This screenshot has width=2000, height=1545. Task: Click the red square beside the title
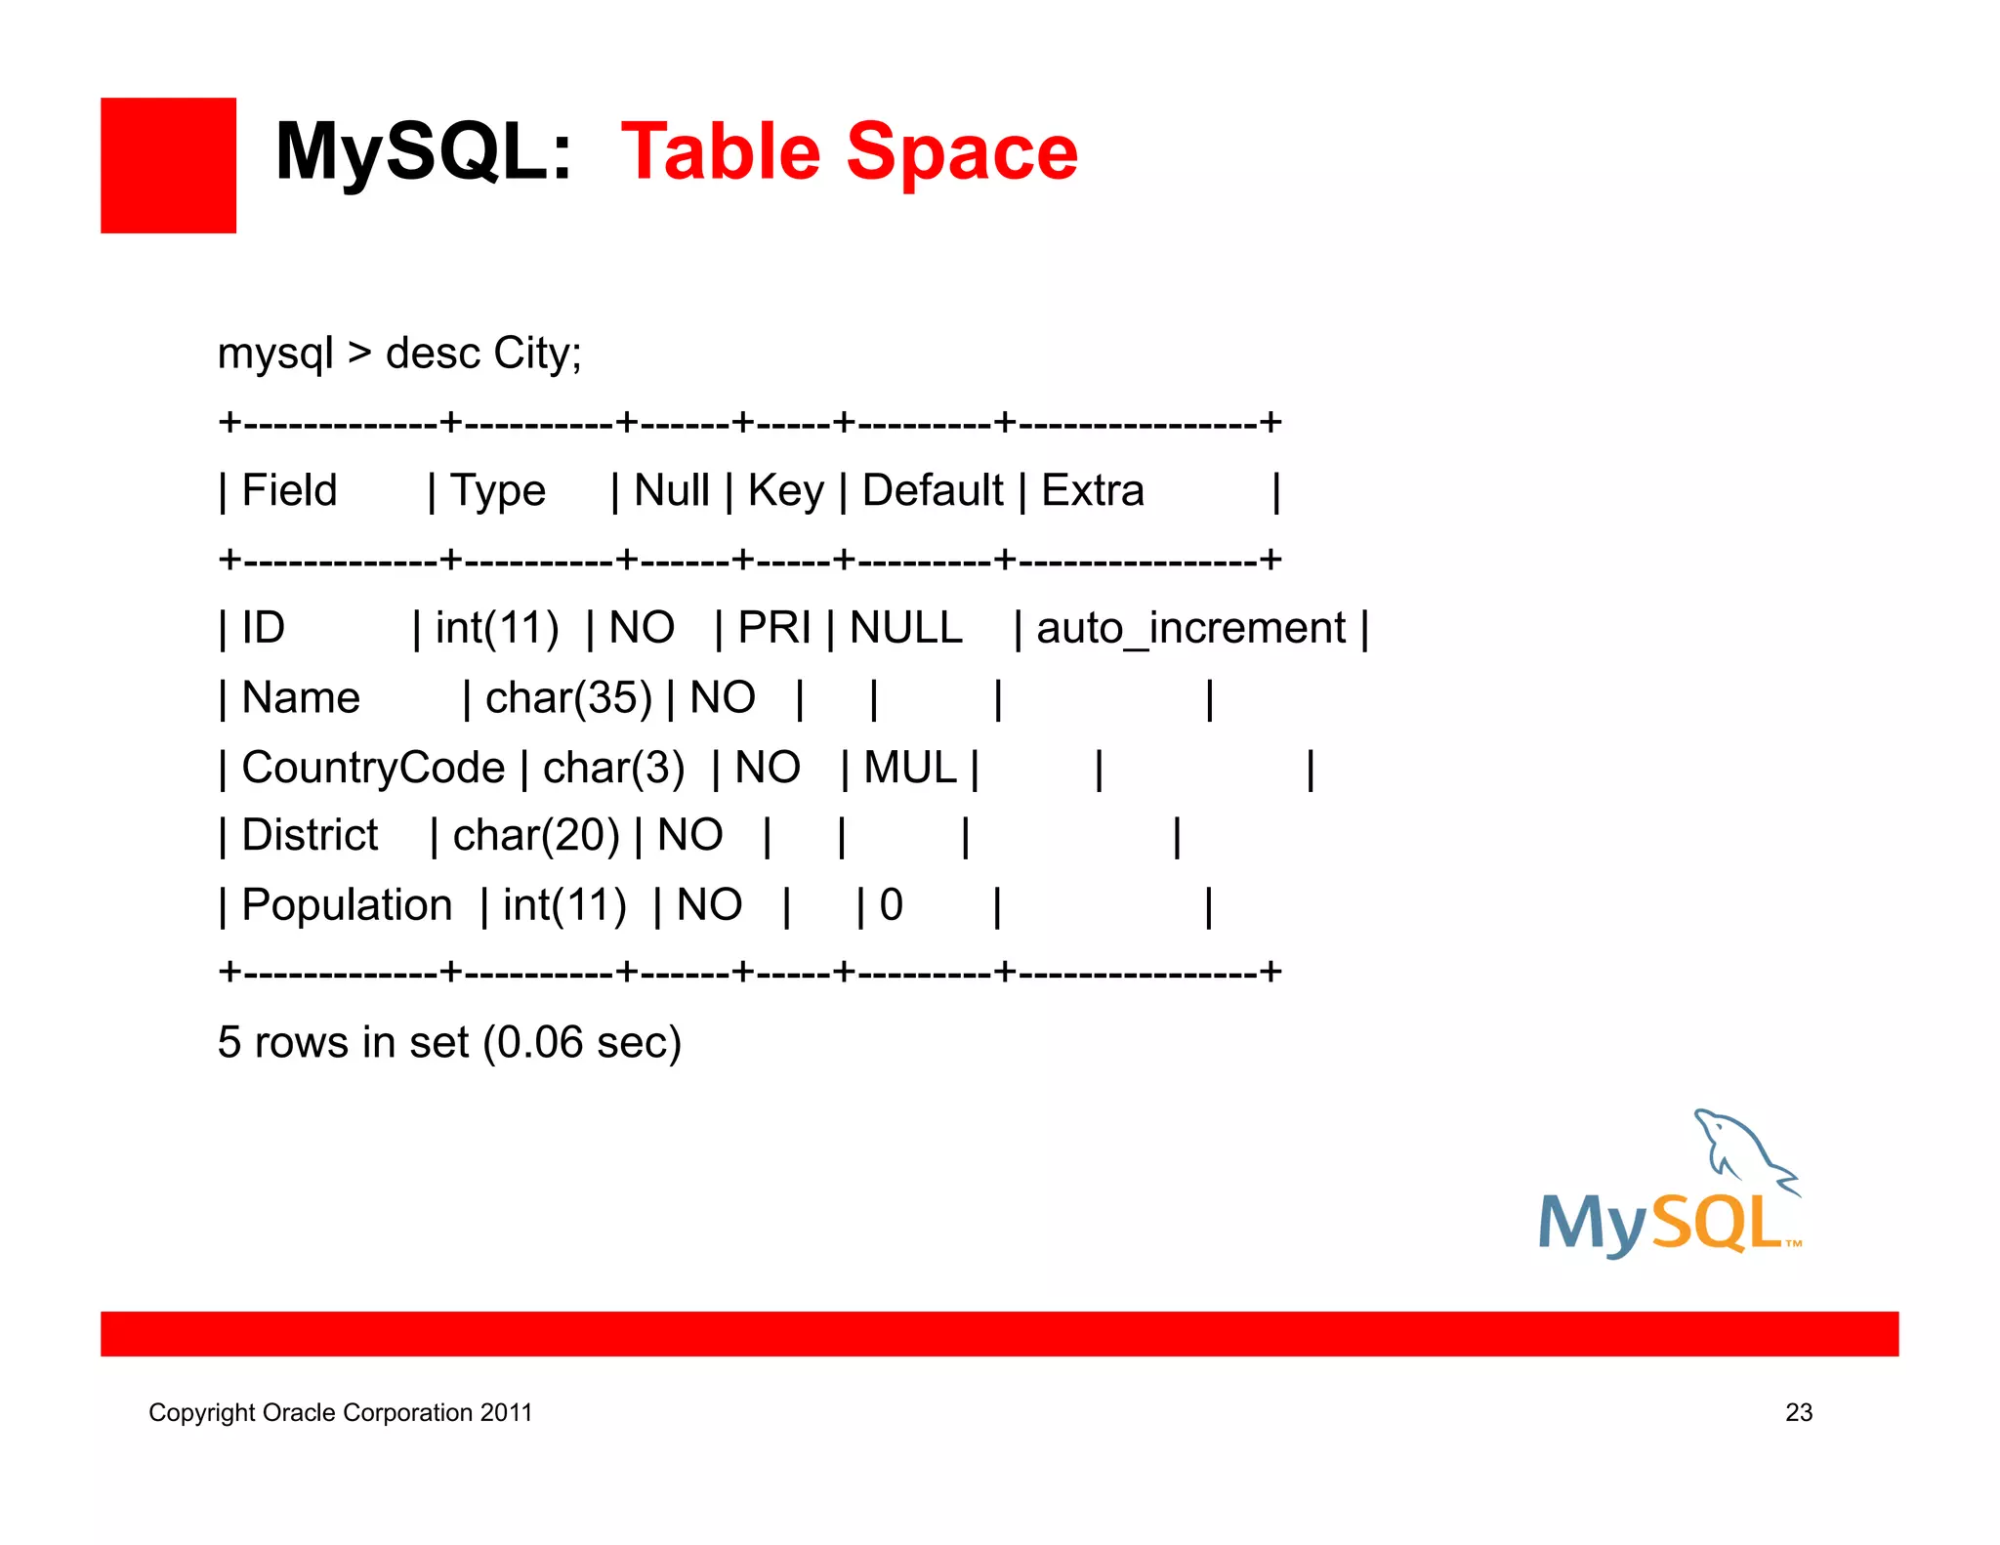coord(168,165)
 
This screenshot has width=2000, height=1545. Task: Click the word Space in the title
coord(962,152)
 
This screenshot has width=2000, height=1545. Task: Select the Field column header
coord(289,490)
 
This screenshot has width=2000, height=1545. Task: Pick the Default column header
coord(933,490)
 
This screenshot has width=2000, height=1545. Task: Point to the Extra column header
coord(1093,490)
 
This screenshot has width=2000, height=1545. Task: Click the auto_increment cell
coord(1190,628)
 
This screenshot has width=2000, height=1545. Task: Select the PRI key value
coord(774,628)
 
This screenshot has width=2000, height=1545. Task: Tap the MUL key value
coord(910,768)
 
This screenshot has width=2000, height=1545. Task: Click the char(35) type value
coord(568,698)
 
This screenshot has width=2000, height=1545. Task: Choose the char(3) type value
coord(613,768)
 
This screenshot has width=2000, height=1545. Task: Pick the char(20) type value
coord(536,836)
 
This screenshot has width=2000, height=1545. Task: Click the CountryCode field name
coord(373,768)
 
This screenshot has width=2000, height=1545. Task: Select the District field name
coord(310,836)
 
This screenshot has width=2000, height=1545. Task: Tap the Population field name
coord(347,905)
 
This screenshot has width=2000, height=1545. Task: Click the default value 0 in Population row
coord(891,905)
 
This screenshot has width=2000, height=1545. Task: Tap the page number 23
coord(1799,1412)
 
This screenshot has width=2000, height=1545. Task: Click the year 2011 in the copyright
coord(506,1412)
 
